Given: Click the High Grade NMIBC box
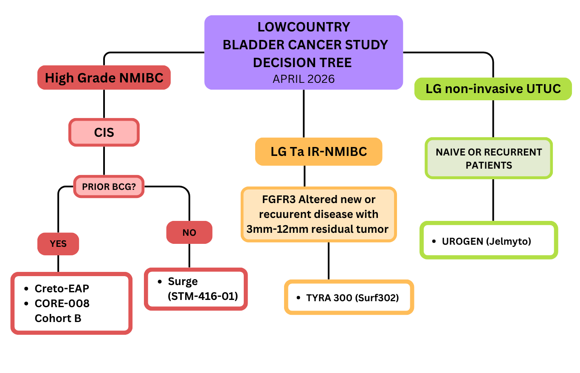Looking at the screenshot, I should pos(104,78).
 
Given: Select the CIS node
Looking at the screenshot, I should pos(104,133).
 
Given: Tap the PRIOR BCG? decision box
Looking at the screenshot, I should pos(109,186).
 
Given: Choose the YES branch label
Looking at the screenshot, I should pos(58,244).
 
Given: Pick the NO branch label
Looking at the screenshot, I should pos(189,232).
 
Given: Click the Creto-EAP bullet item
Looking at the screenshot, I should pos(62,288).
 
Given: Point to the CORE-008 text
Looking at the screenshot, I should pos(62,303).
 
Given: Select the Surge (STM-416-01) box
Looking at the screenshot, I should pos(196,289).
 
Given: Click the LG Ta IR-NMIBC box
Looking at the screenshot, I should pos(318,151).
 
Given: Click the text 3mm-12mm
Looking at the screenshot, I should pos(271,229).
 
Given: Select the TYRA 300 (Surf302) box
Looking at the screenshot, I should pos(349,297).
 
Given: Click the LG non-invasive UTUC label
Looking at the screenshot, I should pos(493,89).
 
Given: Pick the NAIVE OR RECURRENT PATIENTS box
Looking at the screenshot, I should pos(489,158).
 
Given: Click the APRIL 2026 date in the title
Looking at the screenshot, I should pos(304,79).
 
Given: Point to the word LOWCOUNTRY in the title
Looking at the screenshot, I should pos(304,27).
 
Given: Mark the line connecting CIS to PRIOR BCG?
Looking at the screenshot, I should pos(104,161).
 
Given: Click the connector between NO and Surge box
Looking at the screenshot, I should pos(189,256).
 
